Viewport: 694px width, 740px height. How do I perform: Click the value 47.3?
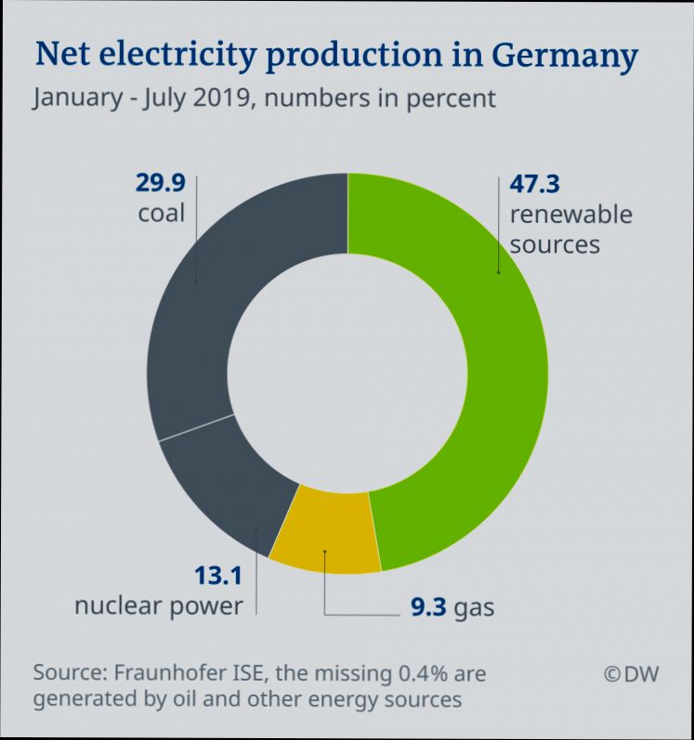pyautogui.click(x=534, y=184)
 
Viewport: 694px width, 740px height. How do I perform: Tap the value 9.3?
pyautogui.click(x=428, y=609)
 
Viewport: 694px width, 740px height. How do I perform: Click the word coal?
pyautogui.click(x=162, y=214)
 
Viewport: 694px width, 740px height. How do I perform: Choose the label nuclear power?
pyautogui.click(x=158, y=606)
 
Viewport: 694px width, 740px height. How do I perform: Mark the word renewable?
pyautogui.click(x=570, y=214)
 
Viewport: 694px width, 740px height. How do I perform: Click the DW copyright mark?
pyautogui.click(x=631, y=674)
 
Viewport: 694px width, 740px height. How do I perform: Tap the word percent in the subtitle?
pyautogui.click(x=452, y=97)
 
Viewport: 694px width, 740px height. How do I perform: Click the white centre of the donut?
pyautogui.click(x=347, y=371)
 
